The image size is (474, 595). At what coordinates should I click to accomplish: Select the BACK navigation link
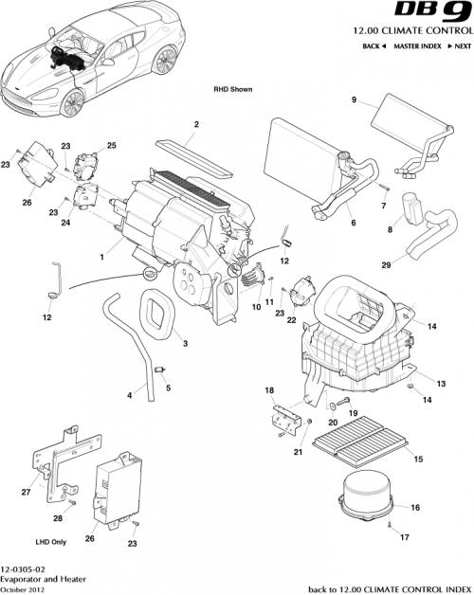(x=374, y=45)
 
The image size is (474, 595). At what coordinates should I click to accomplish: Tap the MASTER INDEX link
(x=417, y=45)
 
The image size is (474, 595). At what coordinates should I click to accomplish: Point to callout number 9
(x=354, y=100)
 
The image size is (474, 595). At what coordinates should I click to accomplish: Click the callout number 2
(x=196, y=124)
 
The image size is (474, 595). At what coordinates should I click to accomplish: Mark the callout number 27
(x=26, y=492)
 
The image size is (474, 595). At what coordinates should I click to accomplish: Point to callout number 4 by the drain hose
(x=129, y=395)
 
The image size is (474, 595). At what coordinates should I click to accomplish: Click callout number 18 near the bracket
(x=269, y=389)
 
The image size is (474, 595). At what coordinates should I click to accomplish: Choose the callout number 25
(x=111, y=145)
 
